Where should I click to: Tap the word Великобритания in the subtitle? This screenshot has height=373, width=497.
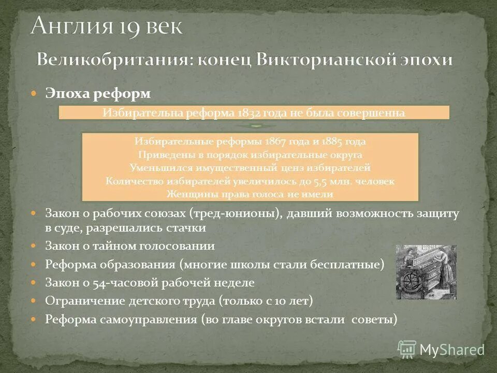[x=108, y=60]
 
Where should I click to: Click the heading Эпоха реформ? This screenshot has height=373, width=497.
[x=98, y=93]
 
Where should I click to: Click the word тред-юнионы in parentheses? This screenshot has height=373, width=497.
[x=237, y=214]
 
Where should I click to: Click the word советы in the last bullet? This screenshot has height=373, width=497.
[x=374, y=320]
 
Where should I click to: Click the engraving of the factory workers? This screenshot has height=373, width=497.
[x=426, y=272]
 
